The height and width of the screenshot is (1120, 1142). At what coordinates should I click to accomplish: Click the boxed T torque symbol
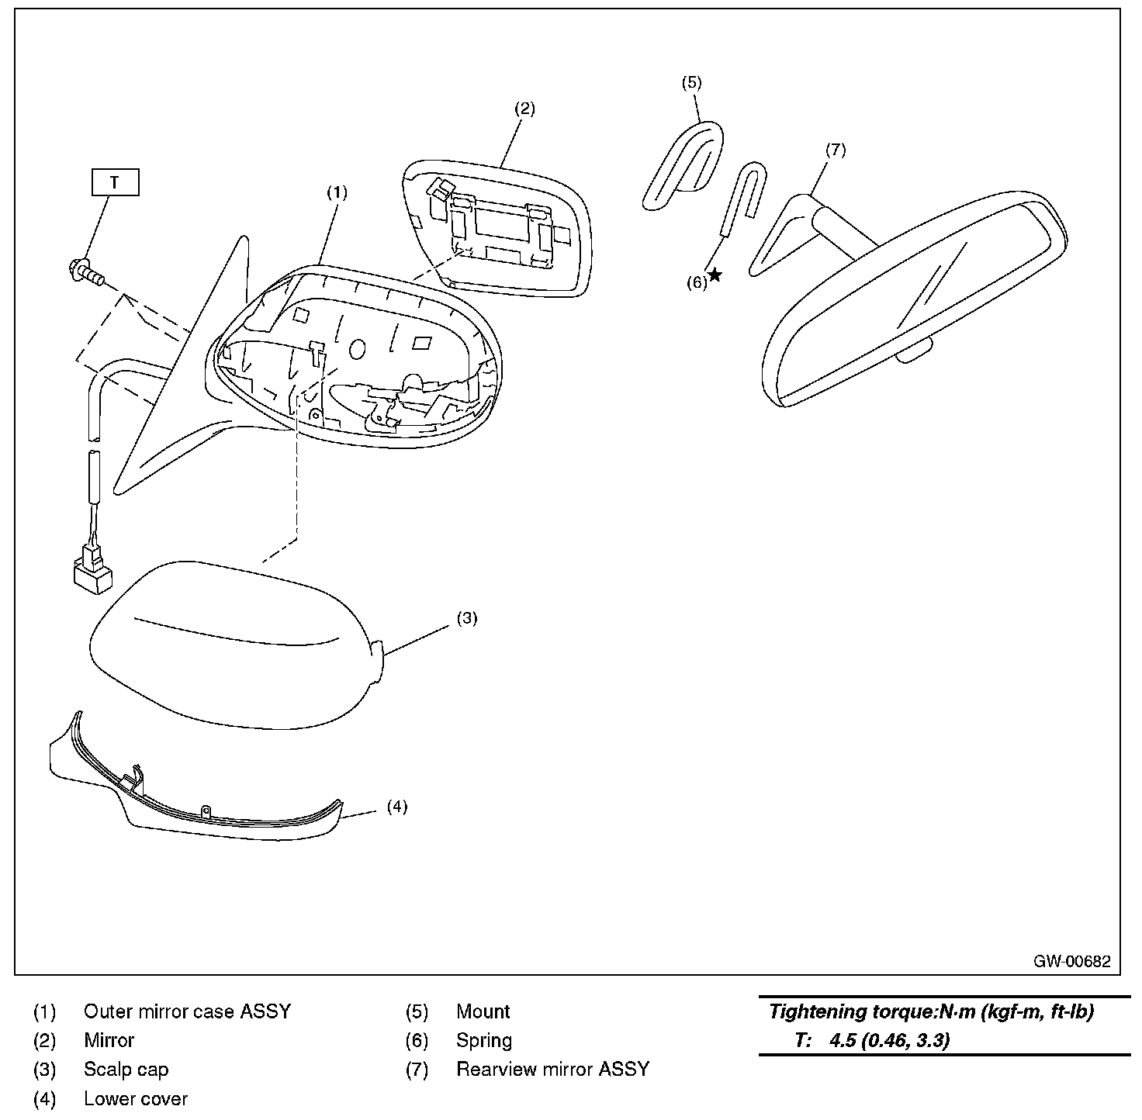pyautogui.click(x=115, y=183)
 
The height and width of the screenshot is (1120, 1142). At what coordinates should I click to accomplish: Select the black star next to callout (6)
pyautogui.click(x=715, y=275)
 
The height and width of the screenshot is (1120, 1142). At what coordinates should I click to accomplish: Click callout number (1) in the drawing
pyautogui.click(x=336, y=193)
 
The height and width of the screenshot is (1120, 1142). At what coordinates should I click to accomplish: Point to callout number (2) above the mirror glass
pyautogui.click(x=525, y=109)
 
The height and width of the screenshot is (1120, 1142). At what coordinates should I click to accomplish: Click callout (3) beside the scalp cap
pyautogui.click(x=466, y=618)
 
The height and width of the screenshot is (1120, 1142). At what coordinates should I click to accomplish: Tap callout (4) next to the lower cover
pyautogui.click(x=396, y=807)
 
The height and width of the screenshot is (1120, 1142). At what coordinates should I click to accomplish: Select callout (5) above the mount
pyautogui.click(x=691, y=82)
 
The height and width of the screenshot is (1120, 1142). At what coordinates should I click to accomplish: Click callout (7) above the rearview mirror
pyautogui.click(x=835, y=150)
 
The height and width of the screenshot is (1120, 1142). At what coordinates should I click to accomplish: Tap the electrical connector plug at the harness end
pyautogui.click(x=92, y=571)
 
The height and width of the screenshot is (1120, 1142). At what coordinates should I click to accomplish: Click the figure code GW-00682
pyautogui.click(x=1071, y=962)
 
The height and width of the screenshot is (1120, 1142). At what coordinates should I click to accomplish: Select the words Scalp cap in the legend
pyautogui.click(x=126, y=1070)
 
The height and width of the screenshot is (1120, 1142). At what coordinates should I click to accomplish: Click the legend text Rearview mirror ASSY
pyautogui.click(x=552, y=1070)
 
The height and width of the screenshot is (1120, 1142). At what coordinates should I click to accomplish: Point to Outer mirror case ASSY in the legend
pyautogui.click(x=187, y=1011)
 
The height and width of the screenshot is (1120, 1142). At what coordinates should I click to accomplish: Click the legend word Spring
pyautogui.click(x=484, y=1040)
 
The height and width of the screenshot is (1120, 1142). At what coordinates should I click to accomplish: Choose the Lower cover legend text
pyautogui.click(x=136, y=1098)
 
